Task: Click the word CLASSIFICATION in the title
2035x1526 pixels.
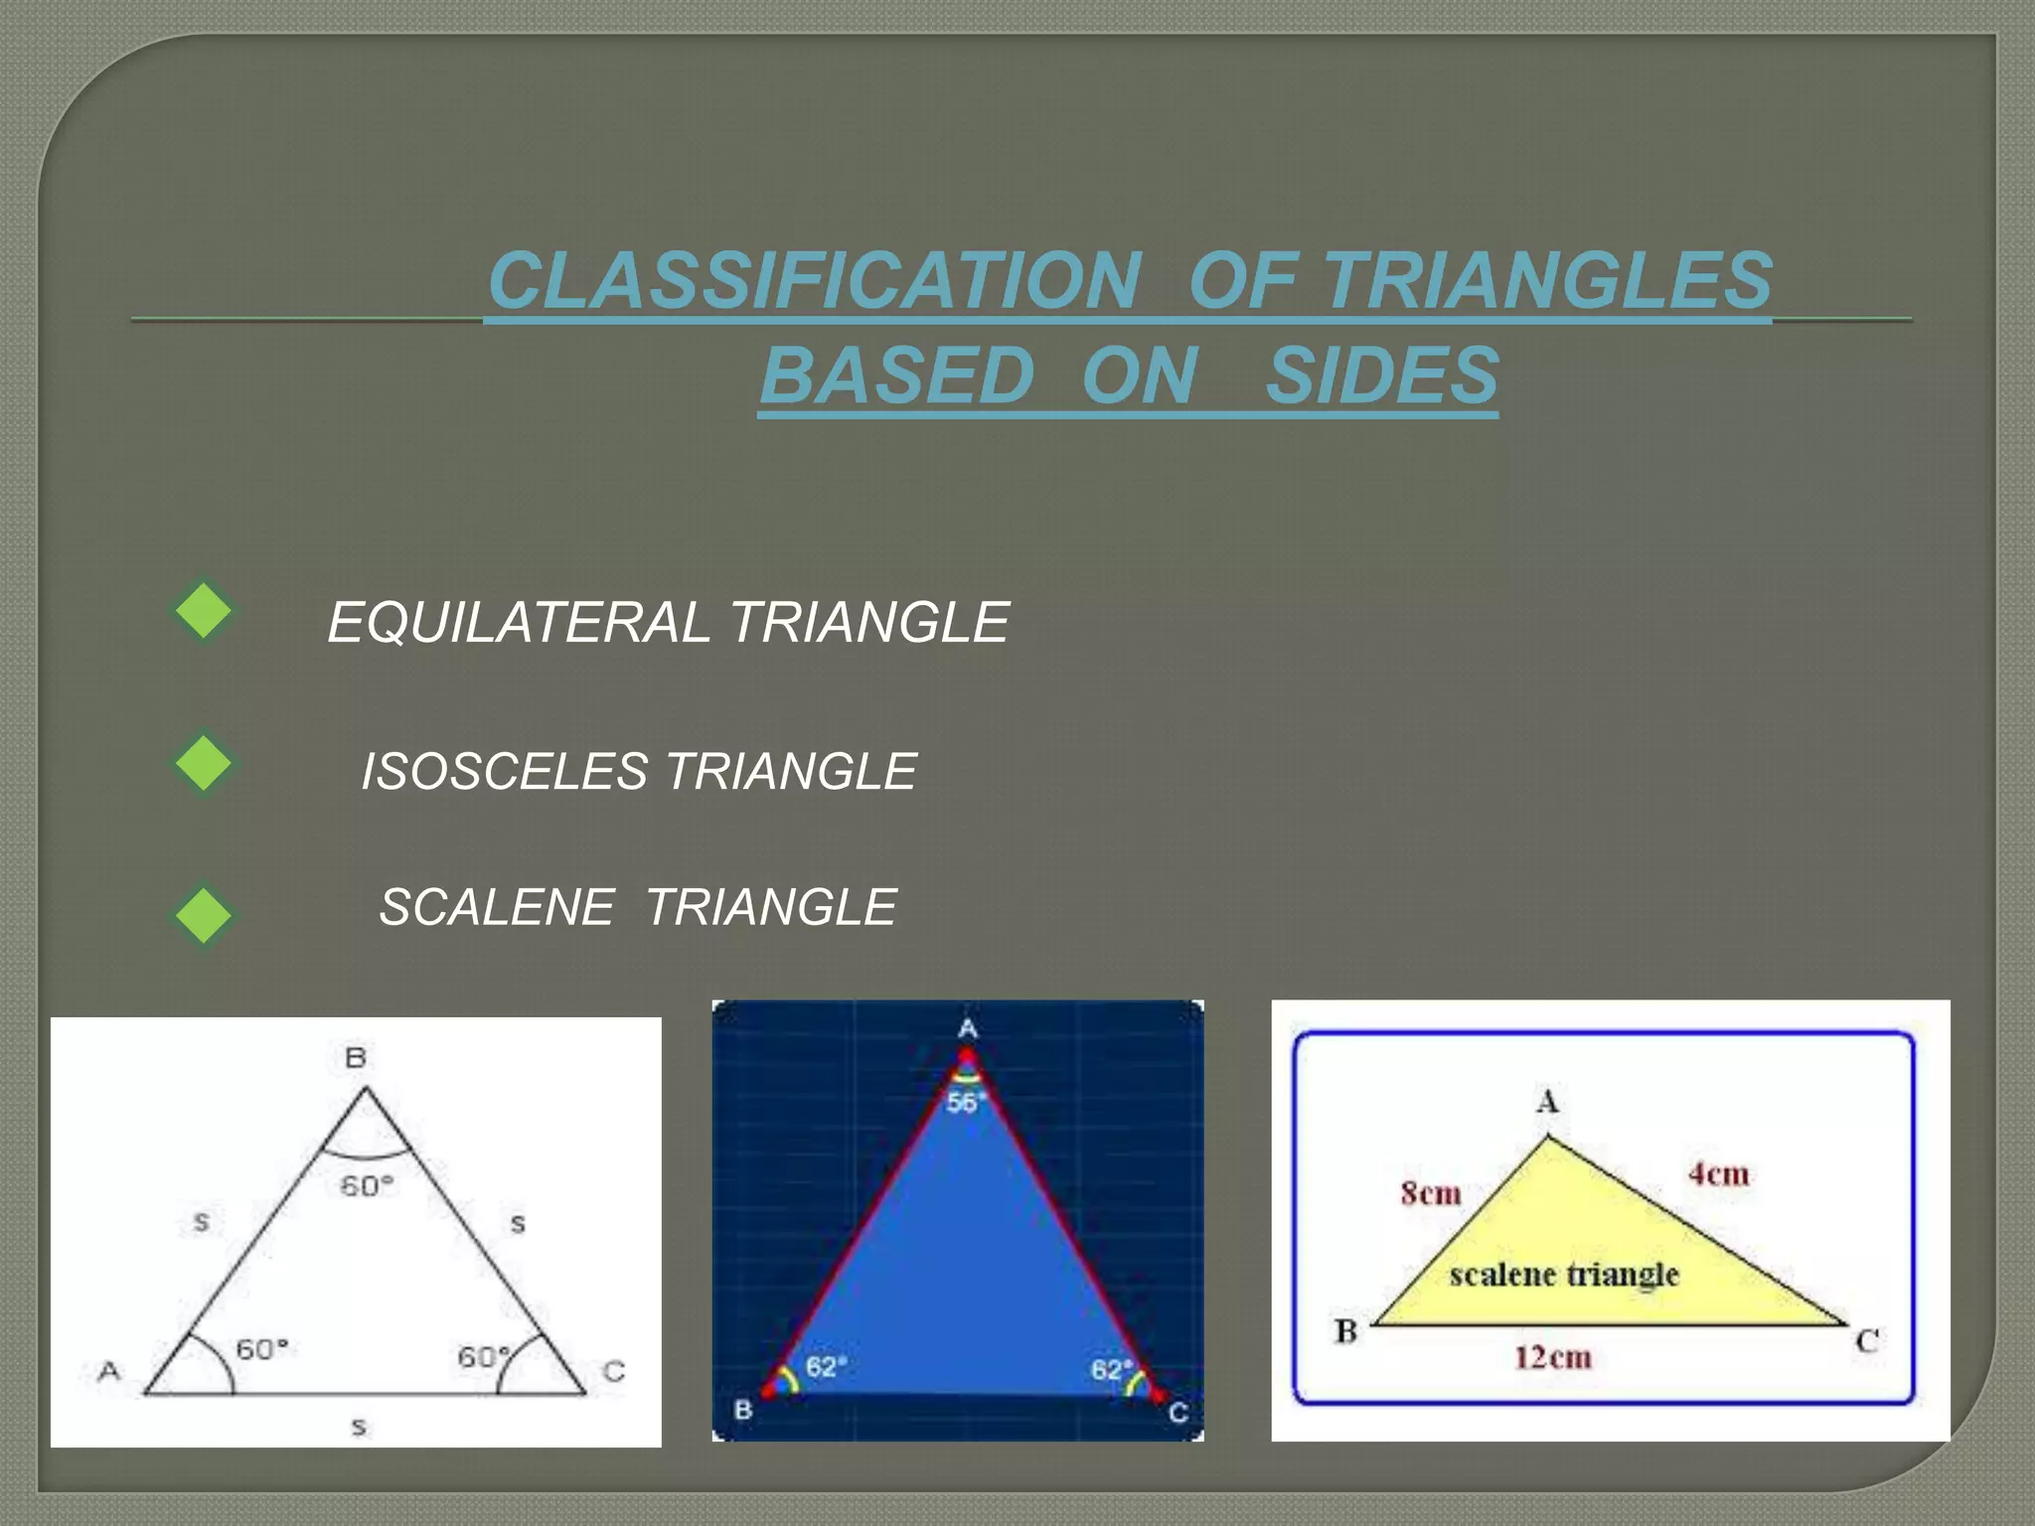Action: click(x=815, y=280)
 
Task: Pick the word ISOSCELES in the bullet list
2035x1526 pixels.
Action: click(x=504, y=772)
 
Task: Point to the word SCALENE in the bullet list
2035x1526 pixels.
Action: click(x=497, y=907)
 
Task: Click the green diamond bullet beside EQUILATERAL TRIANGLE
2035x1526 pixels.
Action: click(x=204, y=610)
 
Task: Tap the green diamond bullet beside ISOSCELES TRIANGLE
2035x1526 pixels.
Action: click(x=204, y=763)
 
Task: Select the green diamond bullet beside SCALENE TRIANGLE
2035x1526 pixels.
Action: click(x=204, y=914)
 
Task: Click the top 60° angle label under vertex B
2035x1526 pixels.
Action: click(x=367, y=1186)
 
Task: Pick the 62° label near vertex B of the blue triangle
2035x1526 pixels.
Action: click(x=826, y=1367)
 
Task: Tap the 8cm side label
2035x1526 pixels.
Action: click(x=1431, y=1192)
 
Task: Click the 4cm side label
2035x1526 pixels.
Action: click(x=1719, y=1174)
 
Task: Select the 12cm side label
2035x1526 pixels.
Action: click(x=1553, y=1357)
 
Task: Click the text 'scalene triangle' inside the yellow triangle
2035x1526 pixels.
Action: click(x=1564, y=1275)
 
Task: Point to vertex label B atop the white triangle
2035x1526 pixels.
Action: click(x=356, y=1058)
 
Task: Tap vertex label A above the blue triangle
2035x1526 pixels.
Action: click(x=968, y=1028)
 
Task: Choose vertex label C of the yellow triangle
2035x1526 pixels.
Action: click(x=1867, y=1341)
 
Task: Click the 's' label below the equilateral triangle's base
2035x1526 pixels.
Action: click(x=359, y=1428)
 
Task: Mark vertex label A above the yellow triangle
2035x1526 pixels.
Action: click(x=1548, y=1102)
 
